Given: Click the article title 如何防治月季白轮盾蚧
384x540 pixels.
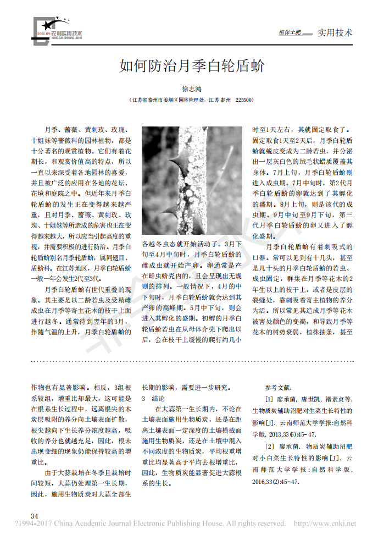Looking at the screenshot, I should click(x=192, y=67).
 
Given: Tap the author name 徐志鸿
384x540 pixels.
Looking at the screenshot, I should click(x=192, y=89).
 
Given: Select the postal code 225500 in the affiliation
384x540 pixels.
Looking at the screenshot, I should click(x=244, y=101).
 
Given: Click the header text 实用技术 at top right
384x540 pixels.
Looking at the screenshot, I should click(x=335, y=32).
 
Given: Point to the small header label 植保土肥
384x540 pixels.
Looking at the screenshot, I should click(x=290, y=33).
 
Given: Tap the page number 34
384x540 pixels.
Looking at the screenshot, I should click(x=35, y=516).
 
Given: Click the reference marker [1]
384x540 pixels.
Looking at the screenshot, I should click(x=269, y=399).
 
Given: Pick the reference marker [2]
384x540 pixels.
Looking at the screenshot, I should click(x=269, y=446).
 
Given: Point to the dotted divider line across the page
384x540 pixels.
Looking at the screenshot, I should click(x=192, y=361).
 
